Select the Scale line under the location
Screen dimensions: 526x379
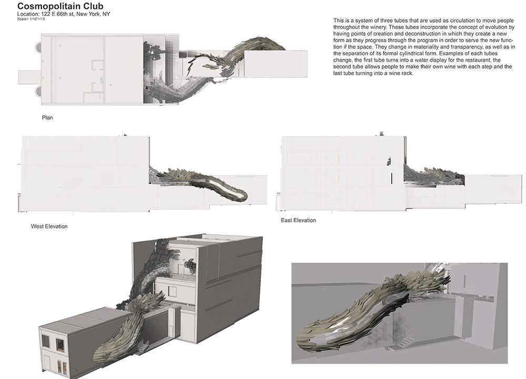coord(31,19)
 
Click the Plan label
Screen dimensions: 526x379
coord(47,117)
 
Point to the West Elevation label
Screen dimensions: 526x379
coord(49,226)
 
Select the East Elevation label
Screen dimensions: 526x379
coord(299,220)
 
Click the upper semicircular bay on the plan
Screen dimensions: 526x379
coord(38,47)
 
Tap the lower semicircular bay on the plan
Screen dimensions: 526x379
coord(38,91)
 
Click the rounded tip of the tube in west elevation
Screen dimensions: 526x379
coord(245,195)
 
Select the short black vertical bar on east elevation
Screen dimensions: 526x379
coord(391,178)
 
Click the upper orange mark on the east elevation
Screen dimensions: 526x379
coord(339,159)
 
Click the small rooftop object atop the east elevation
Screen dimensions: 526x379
coord(381,134)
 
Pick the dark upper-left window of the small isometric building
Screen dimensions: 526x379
coord(45,341)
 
